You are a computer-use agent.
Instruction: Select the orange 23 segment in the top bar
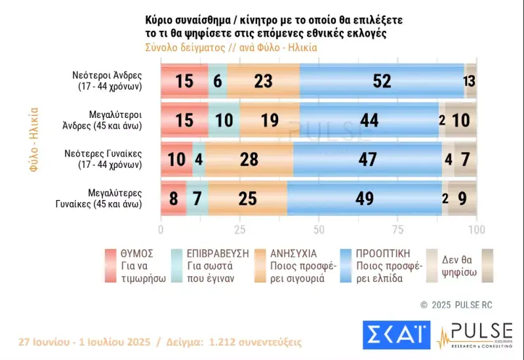coord(263,81)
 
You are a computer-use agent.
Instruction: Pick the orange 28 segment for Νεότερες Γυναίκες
coord(249,159)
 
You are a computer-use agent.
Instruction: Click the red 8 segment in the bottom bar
coord(173,197)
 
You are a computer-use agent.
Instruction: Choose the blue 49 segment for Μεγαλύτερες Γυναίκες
coord(364,197)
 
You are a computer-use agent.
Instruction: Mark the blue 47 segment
coord(367,159)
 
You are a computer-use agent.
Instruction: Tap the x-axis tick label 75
coord(397,230)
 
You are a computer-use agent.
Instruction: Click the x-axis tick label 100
coord(477,230)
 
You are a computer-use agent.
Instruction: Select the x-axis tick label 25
coord(240,230)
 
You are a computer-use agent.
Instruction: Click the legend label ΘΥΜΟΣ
coord(137,253)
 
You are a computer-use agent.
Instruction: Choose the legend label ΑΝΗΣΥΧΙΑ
coord(294,253)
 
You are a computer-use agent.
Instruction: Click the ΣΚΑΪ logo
coord(395,334)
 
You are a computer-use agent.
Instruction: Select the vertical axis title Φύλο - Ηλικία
coord(34,139)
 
